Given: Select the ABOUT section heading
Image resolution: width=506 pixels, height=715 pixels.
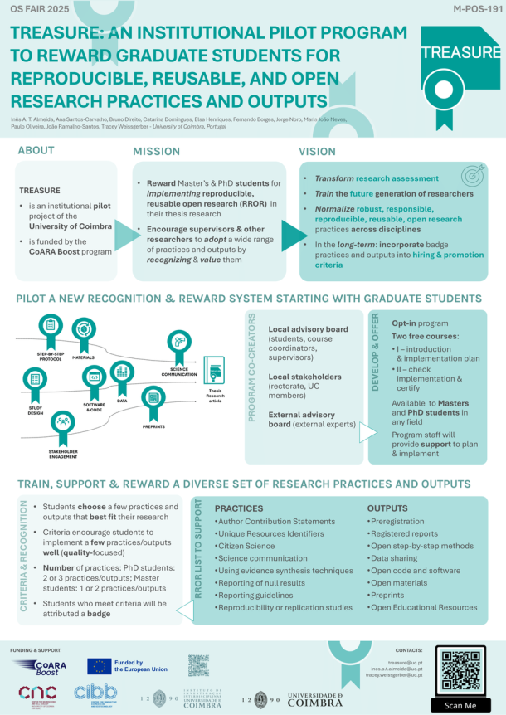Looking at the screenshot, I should coord(36,151).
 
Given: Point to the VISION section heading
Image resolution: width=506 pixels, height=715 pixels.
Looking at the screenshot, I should coord(318,152).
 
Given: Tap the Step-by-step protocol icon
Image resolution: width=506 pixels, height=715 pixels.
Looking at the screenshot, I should coord(51,326).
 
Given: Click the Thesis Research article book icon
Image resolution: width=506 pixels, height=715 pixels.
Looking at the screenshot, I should coord(214,371).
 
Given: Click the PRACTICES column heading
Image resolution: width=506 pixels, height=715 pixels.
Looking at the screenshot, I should coord(241,507).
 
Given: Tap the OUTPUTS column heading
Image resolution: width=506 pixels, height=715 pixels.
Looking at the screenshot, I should coord(388,507).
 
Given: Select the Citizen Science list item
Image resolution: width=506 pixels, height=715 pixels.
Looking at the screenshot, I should coord(246,547).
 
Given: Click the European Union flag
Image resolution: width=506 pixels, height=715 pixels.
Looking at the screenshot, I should coord(100,666).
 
